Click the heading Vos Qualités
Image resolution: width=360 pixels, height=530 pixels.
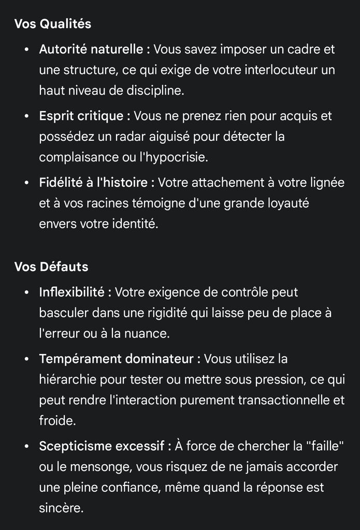[52, 24]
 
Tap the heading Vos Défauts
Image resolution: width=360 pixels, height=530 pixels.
[51, 267]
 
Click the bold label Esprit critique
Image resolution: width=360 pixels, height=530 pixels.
[81, 116]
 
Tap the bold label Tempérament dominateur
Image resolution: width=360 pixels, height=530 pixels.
[117, 359]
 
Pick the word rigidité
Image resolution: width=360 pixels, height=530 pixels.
[197, 313]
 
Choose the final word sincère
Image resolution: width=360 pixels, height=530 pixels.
[60, 508]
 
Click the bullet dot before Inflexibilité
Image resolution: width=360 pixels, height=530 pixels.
[27, 293]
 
